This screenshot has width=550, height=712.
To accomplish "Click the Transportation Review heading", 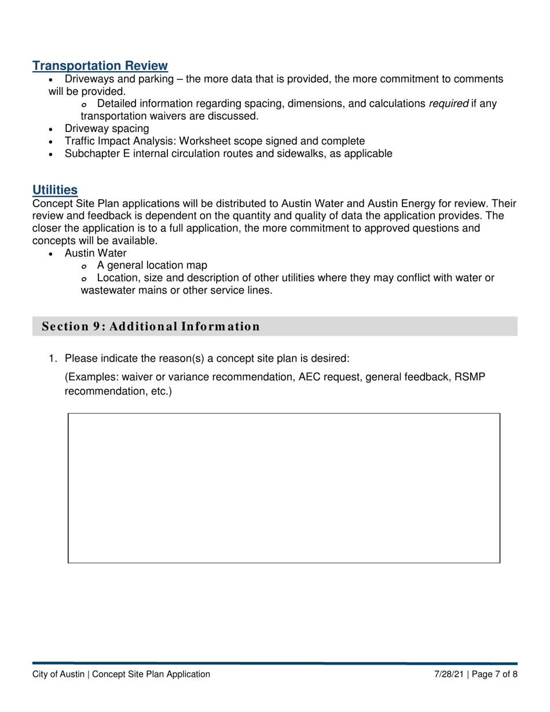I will (100, 66).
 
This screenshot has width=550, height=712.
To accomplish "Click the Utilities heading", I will (55, 189).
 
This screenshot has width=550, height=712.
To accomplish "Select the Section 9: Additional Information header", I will (151, 326).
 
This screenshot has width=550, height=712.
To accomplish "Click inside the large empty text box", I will (284, 487).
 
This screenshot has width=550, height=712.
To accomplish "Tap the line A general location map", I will (152, 266).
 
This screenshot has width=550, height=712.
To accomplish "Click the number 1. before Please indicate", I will (53, 358).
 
